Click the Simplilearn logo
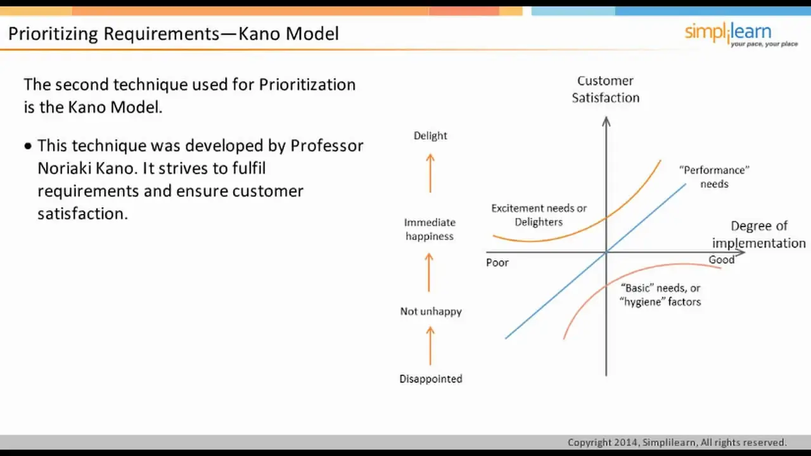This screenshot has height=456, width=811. coord(741,34)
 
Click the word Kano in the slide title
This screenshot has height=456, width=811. coord(259,34)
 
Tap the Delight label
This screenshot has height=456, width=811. coord(430,136)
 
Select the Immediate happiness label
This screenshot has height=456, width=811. coord(430,229)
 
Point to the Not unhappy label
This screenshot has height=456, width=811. coord(431,311)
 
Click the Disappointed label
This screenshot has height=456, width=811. coord(431,379)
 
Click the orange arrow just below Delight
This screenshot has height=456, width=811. coord(430,173)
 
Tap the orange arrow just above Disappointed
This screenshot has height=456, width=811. coord(430,346)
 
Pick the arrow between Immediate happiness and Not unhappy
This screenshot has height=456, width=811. coord(429,272)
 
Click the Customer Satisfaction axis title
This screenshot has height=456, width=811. coord(605,89)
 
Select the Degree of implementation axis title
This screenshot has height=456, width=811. coord(759,234)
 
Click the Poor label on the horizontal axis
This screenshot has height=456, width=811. coord(497,262)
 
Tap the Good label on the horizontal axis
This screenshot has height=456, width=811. coord(721,260)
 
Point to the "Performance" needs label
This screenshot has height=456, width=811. coord(714,177)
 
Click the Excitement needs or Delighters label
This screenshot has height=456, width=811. coord(539,215)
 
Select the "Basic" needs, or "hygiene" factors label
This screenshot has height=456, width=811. coord(660,294)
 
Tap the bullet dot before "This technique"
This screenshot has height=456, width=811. coord(29,146)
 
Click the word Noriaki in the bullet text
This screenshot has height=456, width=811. coord(64,168)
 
